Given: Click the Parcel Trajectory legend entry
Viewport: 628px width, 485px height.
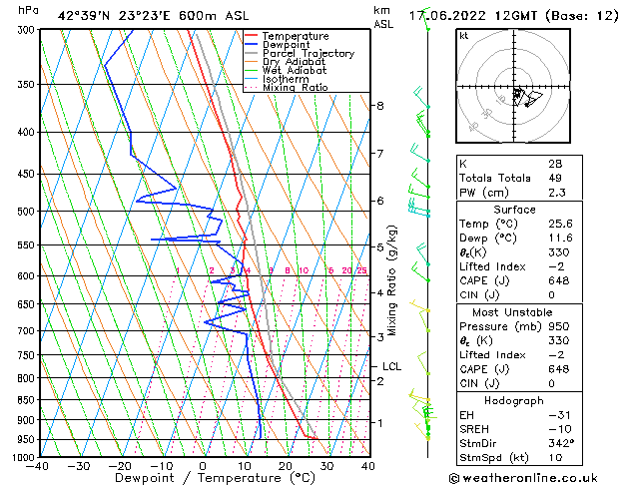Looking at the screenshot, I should click(308, 53).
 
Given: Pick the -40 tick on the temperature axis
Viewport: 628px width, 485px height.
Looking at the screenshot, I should click(39, 466).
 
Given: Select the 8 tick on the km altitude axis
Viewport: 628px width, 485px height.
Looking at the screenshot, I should click(380, 106).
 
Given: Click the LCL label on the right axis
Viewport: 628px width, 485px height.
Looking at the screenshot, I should click(391, 366).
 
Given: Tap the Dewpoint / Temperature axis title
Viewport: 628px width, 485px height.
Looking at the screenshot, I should click(203, 478).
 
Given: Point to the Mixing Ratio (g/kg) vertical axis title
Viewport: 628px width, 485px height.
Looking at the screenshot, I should click(392, 279).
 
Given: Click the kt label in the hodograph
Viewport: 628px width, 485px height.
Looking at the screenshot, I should click(463, 36).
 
